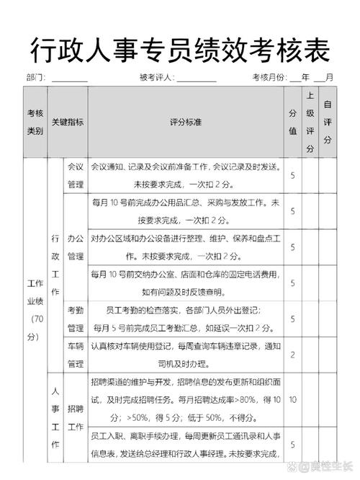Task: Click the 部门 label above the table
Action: (36, 77)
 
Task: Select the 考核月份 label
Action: (269, 77)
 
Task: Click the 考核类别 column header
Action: (35, 122)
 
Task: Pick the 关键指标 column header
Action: (68, 122)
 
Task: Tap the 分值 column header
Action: (292, 122)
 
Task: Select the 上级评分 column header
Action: (310, 122)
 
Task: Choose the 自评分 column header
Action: (328, 122)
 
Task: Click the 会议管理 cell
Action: (76, 175)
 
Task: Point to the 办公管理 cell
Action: (76, 246)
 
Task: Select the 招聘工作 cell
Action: (76, 417)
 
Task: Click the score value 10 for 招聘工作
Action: (292, 399)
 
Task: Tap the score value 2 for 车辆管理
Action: (292, 355)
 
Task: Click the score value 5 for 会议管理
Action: (292, 175)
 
